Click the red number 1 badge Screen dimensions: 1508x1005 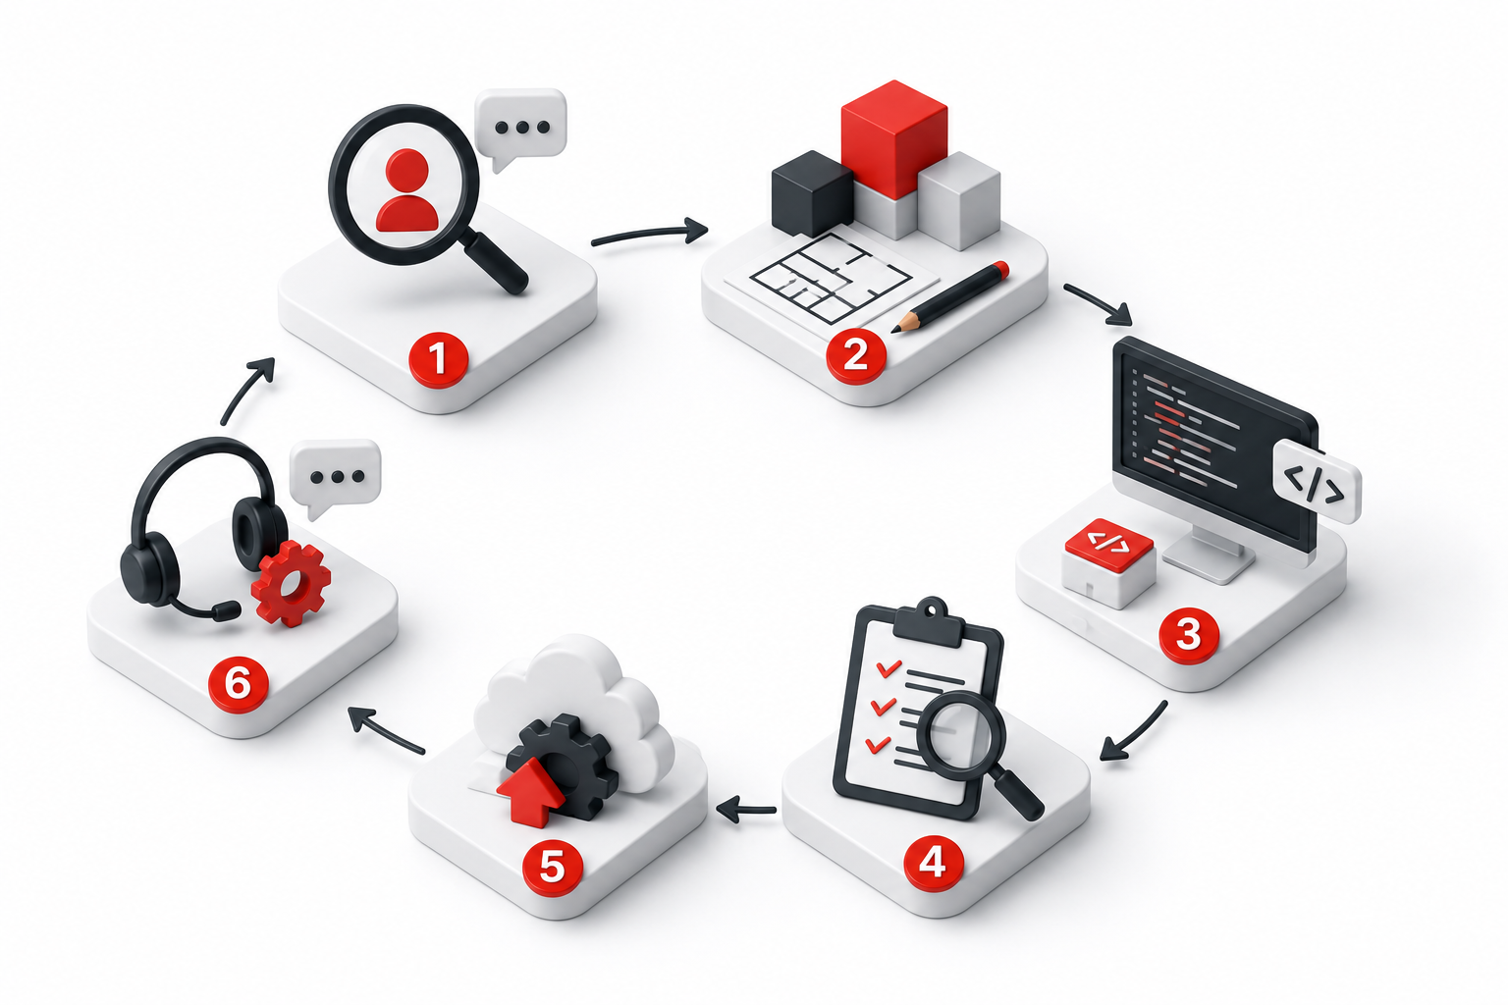[x=438, y=357]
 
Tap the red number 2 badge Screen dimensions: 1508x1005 [x=856, y=354]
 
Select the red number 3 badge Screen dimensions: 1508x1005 [x=1188, y=635]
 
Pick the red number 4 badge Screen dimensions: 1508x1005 [x=933, y=862]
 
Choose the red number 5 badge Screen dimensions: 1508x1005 [x=553, y=867]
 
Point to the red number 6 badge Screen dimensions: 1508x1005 [x=238, y=685]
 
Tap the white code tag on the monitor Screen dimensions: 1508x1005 [x=1317, y=481]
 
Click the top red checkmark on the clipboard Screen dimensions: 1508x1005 [x=888, y=667]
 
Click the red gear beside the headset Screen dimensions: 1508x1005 [x=292, y=583]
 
